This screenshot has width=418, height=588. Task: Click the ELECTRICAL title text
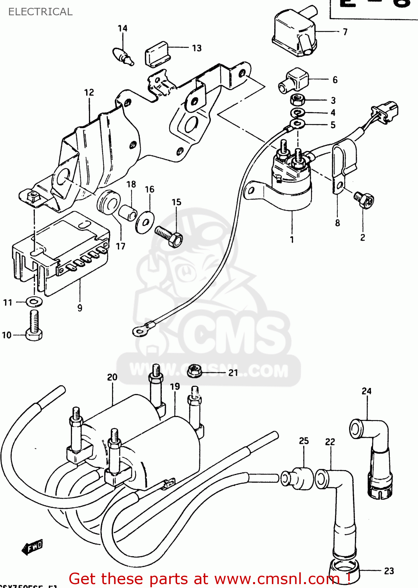(x=40, y=12)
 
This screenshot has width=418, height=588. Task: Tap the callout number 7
(x=345, y=32)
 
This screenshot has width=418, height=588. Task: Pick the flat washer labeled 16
(x=145, y=223)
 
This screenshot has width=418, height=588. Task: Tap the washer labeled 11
(x=34, y=302)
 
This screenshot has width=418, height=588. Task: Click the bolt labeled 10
(x=34, y=325)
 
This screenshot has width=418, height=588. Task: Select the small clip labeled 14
(x=123, y=56)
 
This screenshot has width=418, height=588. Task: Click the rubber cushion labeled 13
(x=157, y=54)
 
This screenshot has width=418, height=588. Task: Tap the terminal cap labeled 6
(x=294, y=80)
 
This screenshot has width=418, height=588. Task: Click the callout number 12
(x=89, y=93)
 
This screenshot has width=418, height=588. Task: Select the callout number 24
(x=366, y=391)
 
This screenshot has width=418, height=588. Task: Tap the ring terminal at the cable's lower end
(x=139, y=331)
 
